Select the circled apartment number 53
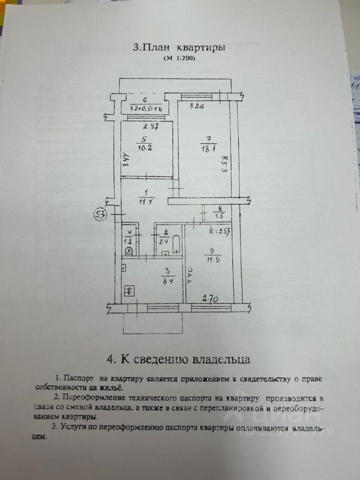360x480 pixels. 100,215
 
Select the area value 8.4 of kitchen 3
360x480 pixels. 167,281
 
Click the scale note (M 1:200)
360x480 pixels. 178,59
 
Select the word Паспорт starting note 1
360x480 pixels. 79,378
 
